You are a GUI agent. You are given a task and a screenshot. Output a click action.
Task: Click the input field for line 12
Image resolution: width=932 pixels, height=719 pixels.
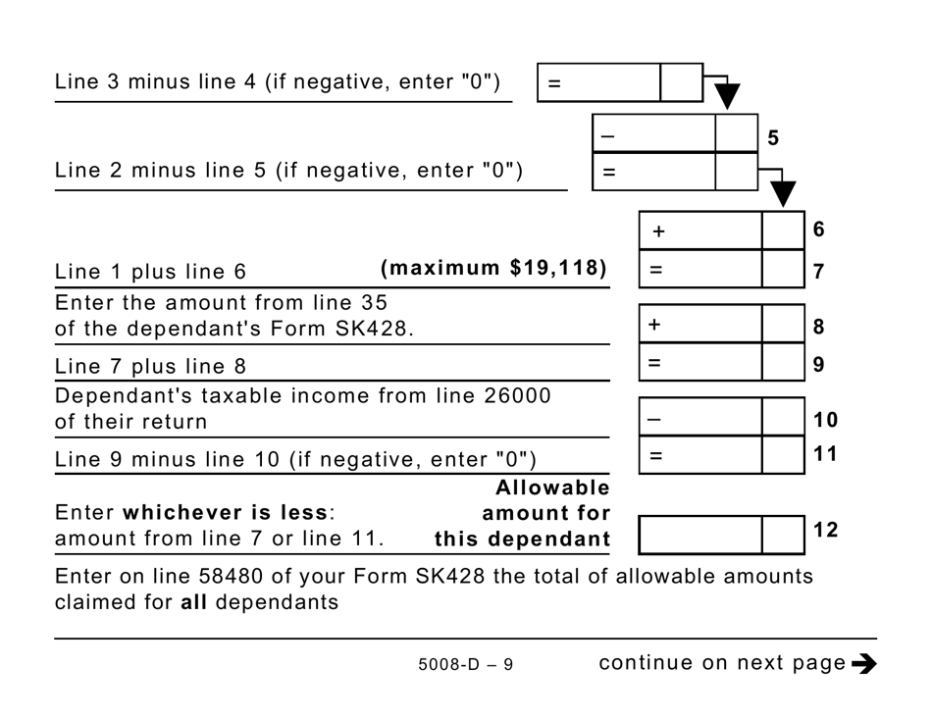pyautogui.click(x=700, y=535)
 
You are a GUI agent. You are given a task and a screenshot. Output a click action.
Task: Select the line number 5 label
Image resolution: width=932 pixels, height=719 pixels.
pyautogui.click(x=773, y=138)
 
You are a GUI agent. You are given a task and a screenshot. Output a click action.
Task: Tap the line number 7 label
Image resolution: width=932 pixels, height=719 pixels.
pyautogui.click(x=819, y=271)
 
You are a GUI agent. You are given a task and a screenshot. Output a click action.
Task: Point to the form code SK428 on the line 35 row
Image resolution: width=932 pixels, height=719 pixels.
pyautogui.click(x=381, y=329)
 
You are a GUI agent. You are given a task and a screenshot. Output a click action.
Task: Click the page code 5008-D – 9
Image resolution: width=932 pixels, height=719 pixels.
pyautogui.click(x=465, y=665)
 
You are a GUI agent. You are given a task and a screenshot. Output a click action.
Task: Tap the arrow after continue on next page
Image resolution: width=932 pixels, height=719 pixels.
pyautogui.click(x=864, y=664)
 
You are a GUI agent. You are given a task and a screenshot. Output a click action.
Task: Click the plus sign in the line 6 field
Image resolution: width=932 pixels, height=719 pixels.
pyautogui.click(x=658, y=231)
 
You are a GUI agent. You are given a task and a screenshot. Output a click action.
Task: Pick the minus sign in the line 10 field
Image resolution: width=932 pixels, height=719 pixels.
pyautogui.click(x=654, y=418)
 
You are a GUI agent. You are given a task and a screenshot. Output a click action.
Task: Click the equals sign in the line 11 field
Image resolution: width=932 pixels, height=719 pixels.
pyautogui.click(x=656, y=455)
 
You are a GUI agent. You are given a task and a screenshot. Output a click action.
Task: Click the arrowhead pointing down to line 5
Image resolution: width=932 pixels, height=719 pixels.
pyautogui.click(x=727, y=96)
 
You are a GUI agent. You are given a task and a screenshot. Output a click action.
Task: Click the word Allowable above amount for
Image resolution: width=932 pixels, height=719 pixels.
pyautogui.click(x=552, y=488)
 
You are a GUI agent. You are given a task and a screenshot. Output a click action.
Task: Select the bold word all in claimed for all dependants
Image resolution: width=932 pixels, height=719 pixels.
pyautogui.click(x=194, y=601)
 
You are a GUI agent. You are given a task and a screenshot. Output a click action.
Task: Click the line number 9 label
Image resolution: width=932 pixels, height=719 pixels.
pyautogui.click(x=819, y=364)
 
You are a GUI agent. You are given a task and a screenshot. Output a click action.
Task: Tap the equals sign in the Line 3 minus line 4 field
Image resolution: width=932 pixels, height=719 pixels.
pyautogui.click(x=554, y=84)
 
